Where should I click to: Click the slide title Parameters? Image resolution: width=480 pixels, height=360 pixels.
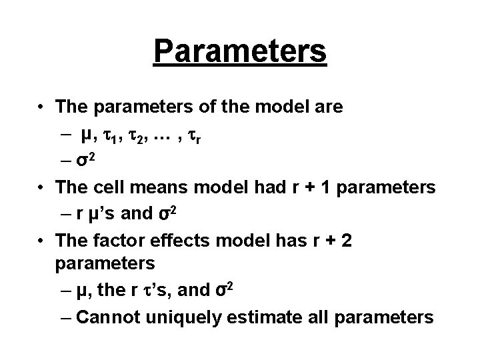(240, 51)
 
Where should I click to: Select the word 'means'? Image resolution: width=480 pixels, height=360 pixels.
(156, 189)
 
